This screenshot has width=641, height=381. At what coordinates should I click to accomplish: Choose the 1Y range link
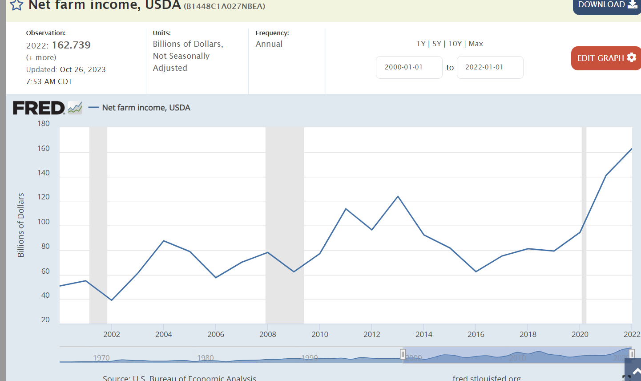click(421, 44)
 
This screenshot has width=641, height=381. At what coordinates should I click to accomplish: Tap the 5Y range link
click(437, 44)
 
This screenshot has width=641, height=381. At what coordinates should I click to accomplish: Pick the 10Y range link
click(455, 44)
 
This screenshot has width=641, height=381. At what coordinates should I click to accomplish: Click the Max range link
click(476, 44)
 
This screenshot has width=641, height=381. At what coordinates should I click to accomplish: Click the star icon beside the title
click(16, 5)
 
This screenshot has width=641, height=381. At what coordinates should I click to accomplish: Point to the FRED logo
click(39, 108)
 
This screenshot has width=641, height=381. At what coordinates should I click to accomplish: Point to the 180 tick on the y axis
click(44, 123)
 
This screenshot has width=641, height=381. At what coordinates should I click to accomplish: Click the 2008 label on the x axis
click(268, 334)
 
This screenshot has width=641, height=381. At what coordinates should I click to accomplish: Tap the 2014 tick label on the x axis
click(424, 334)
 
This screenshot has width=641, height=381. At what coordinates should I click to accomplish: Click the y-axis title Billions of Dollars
click(21, 225)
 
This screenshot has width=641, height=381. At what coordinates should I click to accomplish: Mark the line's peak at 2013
click(398, 196)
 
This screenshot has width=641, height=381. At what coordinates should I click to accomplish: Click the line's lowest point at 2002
click(111, 300)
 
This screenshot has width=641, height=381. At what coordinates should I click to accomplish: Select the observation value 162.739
click(71, 45)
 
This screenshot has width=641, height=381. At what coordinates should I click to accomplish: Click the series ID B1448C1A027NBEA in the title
click(224, 6)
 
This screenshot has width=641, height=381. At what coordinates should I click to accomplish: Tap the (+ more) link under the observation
click(41, 57)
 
